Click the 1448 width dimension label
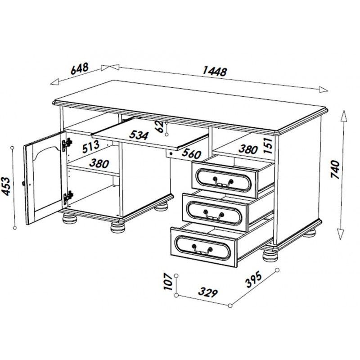click(x=215, y=71)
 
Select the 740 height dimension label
click(x=335, y=170)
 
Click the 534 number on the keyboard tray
click(x=139, y=135)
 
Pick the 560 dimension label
click(x=192, y=154)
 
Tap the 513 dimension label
click(x=91, y=147)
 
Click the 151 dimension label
click(x=268, y=145)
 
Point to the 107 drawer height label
click(x=168, y=282)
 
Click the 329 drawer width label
click(x=208, y=292)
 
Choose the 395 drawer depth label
click(x=253, y=279)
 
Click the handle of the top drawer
click(x=223, y=182)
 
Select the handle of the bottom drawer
click(x=202, y=250)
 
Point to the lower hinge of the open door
click(x=68, y=198)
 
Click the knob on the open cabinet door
click(x=23, y=184)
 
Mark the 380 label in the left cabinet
click(x=99, y=163)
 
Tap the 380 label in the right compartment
click(x=248, y=149)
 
